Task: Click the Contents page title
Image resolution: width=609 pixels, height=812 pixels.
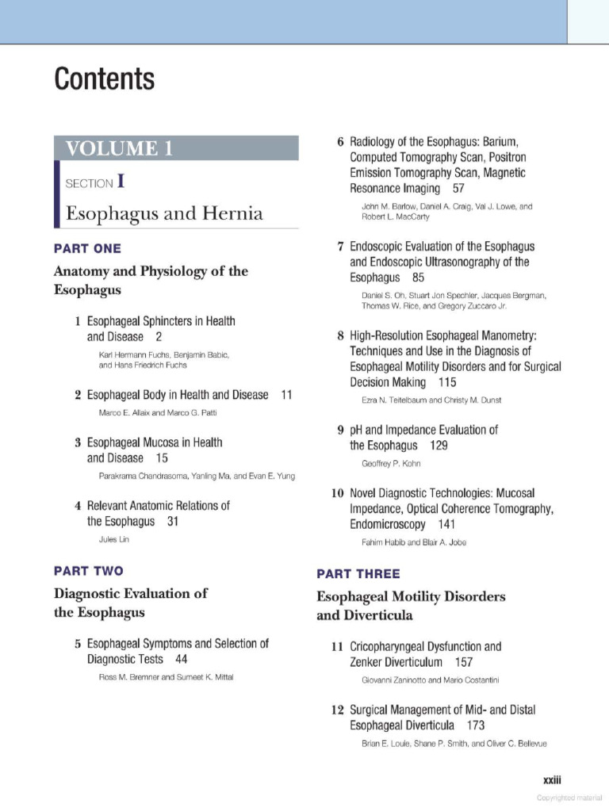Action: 104,80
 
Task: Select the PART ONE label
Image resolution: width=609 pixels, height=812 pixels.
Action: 87,248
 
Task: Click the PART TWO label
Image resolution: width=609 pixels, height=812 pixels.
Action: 88,570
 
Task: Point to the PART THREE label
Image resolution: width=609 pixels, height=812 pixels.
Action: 358,573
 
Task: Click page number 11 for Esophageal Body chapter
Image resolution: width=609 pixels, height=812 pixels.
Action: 287,394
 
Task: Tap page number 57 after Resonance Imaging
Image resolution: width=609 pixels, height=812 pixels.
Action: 458,189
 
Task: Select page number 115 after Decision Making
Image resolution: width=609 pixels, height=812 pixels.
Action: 447,382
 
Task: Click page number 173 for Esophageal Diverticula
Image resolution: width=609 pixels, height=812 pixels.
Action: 476,725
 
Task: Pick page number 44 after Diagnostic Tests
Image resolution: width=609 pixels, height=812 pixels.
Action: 182,659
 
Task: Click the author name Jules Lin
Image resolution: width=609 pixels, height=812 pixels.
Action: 113,539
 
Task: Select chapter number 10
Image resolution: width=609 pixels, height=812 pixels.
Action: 337,493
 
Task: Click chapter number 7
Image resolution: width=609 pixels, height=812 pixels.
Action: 340,247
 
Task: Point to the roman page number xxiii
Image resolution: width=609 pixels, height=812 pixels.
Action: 553,780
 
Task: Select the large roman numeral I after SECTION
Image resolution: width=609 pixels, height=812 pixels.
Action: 121,182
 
